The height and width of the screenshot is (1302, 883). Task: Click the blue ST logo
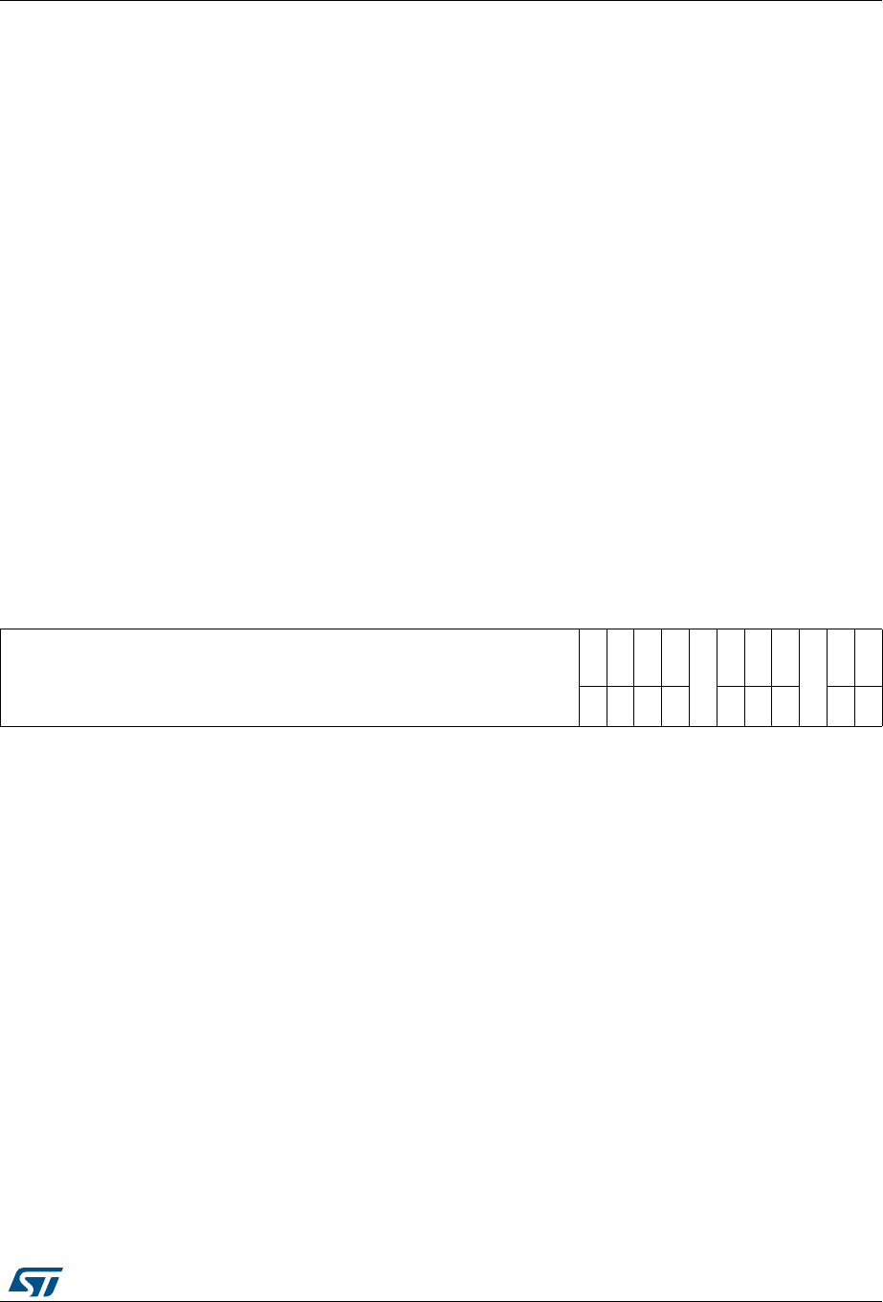(36, 1282)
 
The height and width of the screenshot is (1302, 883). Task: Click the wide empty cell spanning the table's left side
(290, 677)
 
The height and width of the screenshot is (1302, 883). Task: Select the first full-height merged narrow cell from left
(703, 677)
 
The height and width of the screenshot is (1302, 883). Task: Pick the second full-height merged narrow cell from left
(812, 677)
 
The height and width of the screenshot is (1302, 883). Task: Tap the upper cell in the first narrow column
(593, 657)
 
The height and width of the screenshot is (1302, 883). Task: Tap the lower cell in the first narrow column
(593, 706)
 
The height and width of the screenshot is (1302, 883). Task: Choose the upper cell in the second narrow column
(620, 657)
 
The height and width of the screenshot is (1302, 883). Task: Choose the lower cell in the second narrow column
(620, 706)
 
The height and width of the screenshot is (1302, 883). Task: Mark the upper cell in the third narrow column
(648, 657)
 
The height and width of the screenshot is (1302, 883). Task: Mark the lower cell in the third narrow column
(648, 706)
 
